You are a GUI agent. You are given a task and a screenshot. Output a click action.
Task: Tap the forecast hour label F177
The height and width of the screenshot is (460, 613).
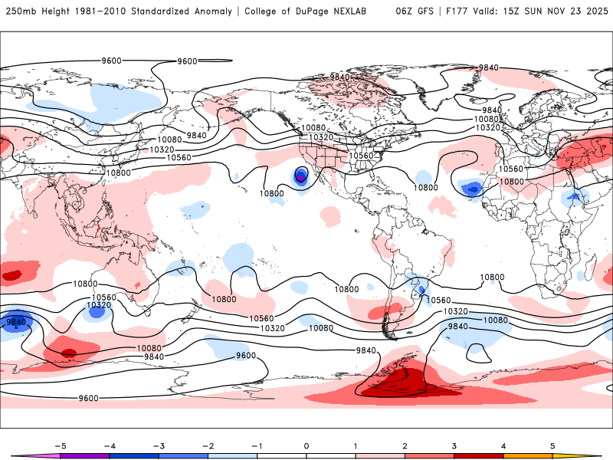(451, 11)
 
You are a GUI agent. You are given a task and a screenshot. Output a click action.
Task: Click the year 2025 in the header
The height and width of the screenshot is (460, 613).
(594, 11)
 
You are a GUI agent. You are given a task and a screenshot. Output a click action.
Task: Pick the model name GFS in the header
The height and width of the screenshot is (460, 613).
(423, 11)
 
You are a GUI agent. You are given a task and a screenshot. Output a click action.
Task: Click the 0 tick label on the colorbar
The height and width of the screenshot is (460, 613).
(306, 445)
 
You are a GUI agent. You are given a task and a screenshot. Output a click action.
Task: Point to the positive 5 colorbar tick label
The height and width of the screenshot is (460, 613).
(553, 445)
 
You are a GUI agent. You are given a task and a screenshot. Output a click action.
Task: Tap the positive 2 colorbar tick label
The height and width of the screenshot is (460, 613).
(405, 445)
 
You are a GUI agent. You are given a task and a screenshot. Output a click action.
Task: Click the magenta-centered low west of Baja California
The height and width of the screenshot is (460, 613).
(301, 178)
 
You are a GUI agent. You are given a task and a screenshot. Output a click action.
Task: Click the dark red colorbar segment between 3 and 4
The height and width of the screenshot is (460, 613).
(479, 456)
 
